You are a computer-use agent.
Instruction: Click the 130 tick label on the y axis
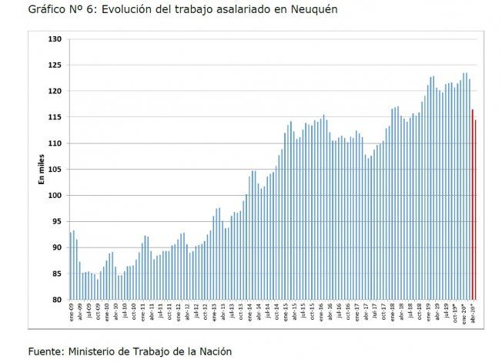click(x=55, y=39)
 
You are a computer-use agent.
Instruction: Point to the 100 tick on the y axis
click(x=55, y=196)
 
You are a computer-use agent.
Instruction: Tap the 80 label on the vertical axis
click(x=57, y=300)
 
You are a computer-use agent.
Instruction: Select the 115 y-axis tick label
click(x=55, y=117)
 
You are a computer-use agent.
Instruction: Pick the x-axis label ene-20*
click(x=464, y=314)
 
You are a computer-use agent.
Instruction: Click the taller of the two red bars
click(x=472, y=204)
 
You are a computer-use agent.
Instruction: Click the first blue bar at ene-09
click(x=70, y=266)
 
